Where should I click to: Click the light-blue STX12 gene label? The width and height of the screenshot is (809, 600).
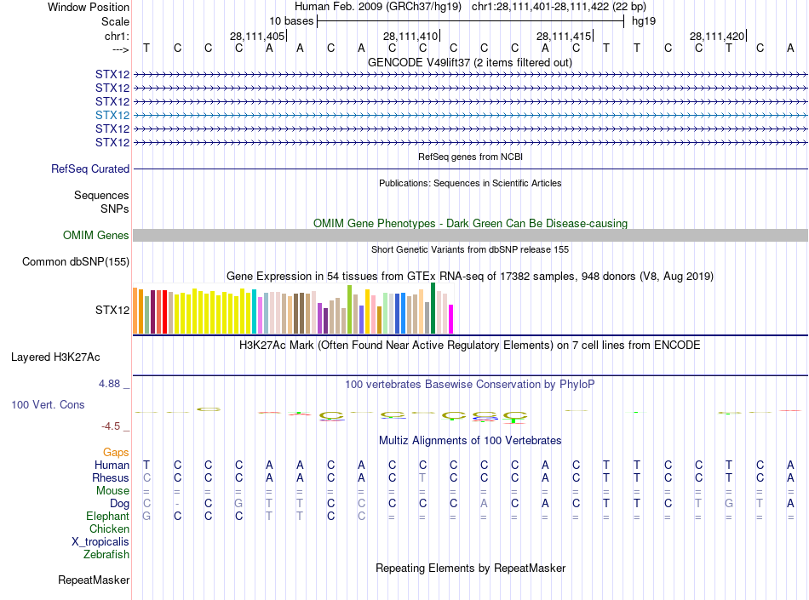tap(112, 115)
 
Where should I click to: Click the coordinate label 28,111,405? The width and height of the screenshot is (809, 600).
tap(257, 36)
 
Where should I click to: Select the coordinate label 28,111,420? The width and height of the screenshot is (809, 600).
tap(717, 36)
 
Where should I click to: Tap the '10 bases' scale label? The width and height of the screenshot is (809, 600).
tap(291, 21)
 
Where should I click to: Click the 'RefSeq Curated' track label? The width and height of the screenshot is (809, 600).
tap(90, 169)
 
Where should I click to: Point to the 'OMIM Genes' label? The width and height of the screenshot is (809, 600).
tap(96, 235)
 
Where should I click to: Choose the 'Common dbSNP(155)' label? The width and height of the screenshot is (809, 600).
tap(75, 261)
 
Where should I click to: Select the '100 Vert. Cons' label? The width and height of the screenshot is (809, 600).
tap(48, 404)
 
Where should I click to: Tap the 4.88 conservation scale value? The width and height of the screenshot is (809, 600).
tap(112, 384)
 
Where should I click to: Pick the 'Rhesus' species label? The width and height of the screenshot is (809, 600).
tap(111, 477)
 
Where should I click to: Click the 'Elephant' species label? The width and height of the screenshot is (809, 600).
tap(108, 516)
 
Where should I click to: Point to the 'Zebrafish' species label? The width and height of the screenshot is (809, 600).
tap(106, 554)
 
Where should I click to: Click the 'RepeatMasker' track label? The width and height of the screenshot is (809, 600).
tap(94, 580)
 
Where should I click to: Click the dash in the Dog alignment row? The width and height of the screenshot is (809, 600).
tap(177, 503)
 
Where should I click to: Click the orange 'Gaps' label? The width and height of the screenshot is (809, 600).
tap(116, 452)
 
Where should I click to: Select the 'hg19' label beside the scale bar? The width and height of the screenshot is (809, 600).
tap(643, 21)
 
